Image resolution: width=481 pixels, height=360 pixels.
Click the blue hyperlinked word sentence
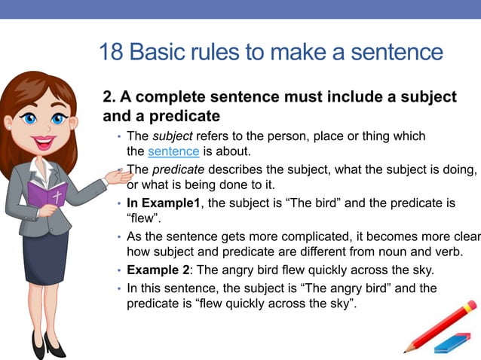click(173, 151)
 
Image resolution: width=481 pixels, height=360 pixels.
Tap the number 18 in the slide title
click(112, 52)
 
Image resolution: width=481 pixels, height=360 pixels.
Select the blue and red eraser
click(452, 343)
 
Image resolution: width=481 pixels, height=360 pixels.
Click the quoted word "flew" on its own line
click(141, 218)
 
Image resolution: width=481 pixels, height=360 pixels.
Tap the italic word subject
click(167, 136)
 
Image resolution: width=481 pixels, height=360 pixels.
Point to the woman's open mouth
click(44, 141)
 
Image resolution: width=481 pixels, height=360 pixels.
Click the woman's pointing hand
click(116, 178)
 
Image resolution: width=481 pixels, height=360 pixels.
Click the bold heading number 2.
click(108, 97)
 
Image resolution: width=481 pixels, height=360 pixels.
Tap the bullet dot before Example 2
click(119, 270)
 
